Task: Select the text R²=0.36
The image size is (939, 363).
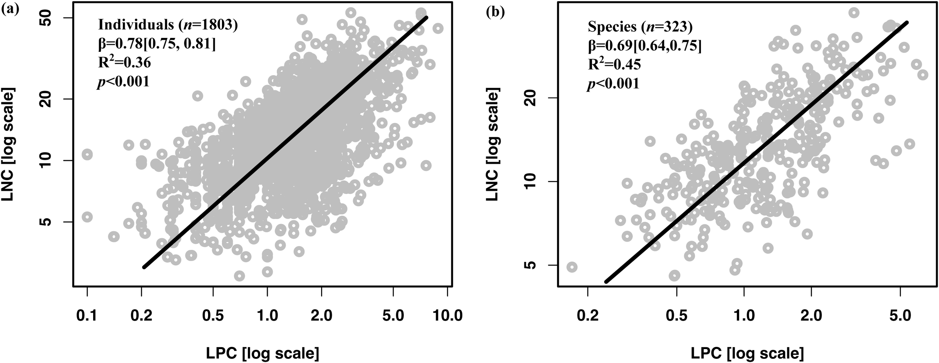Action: (x=124, y=62)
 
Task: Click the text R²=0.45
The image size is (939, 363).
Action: (x=614, y=64)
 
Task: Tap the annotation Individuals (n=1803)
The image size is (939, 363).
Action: (x=168, y=25)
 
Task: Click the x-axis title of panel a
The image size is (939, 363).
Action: (x=263, y=353)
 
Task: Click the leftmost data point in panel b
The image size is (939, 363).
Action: (x=572, y=267)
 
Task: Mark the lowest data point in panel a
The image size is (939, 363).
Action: (x=239, y=276)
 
